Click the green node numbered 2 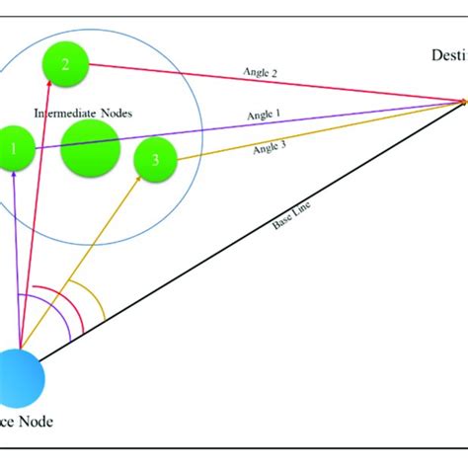click(x=65, y=65)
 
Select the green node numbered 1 click(x=12, y=150)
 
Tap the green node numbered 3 click(x=153, y=160)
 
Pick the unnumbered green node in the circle click(x=91, y=150)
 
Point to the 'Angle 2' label click(x=261, y=72)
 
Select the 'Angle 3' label click(x=271, y=148)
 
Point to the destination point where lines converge click(x=464, y=100)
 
